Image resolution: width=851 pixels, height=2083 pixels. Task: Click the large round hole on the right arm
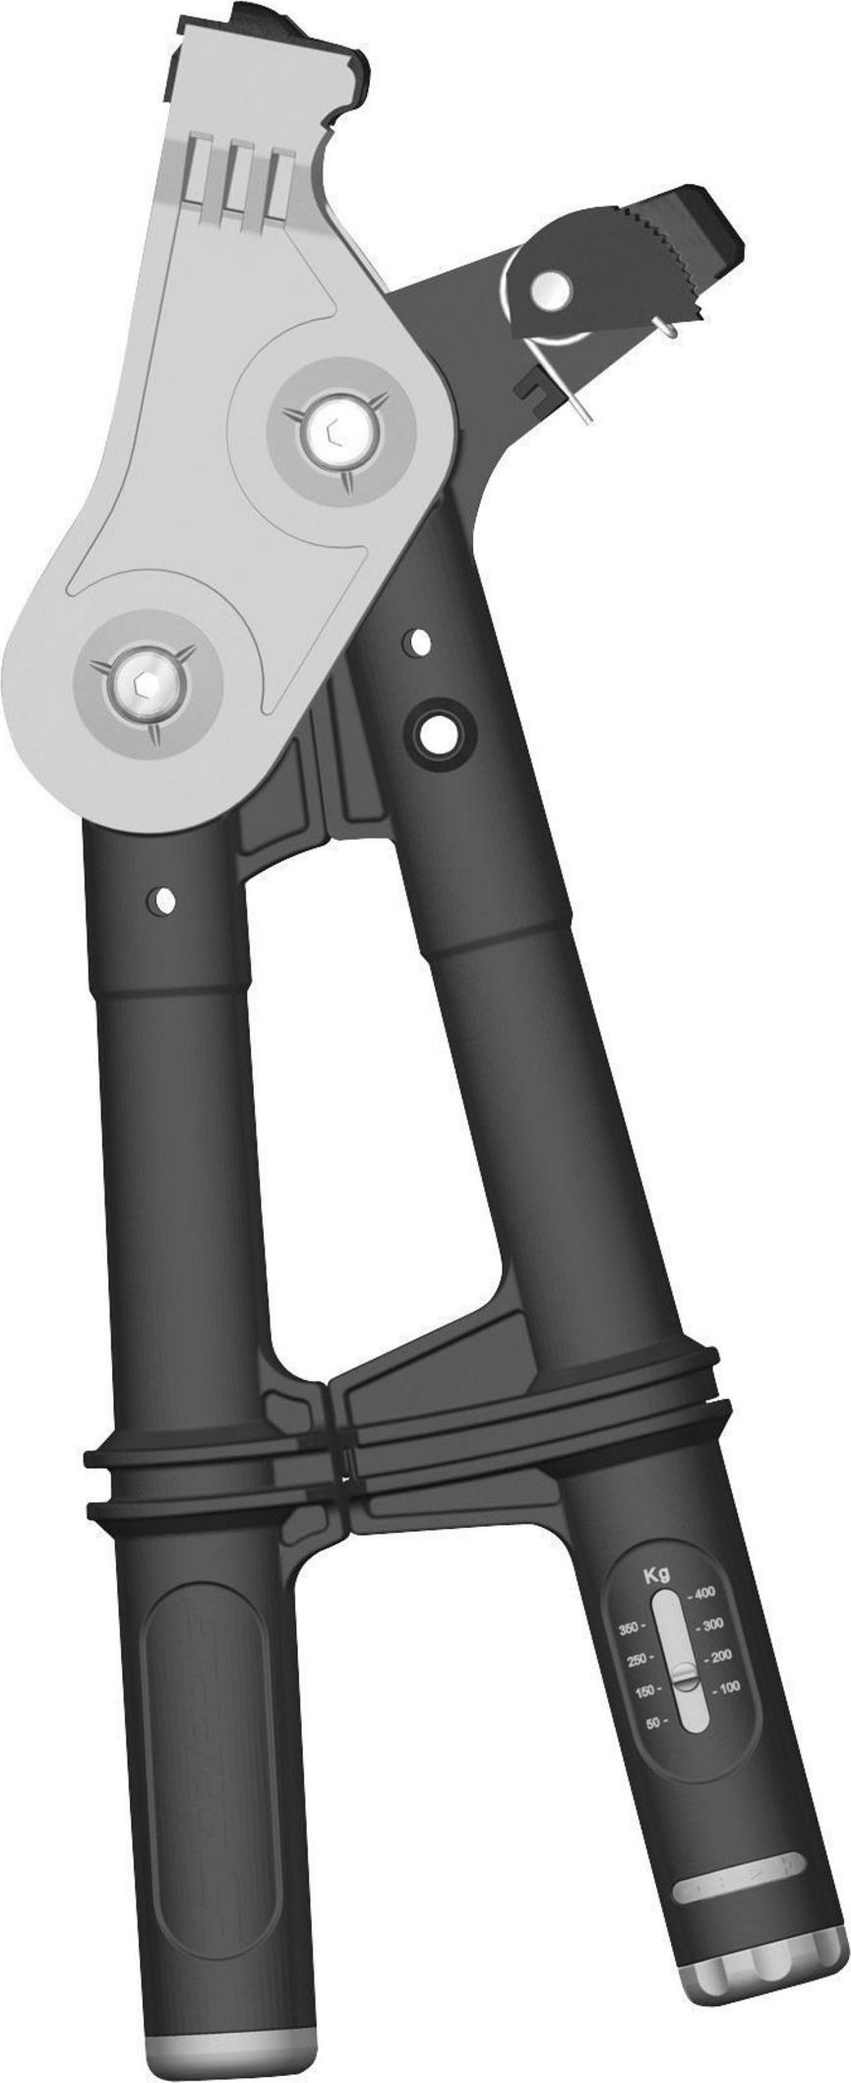[x=433, y=729]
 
